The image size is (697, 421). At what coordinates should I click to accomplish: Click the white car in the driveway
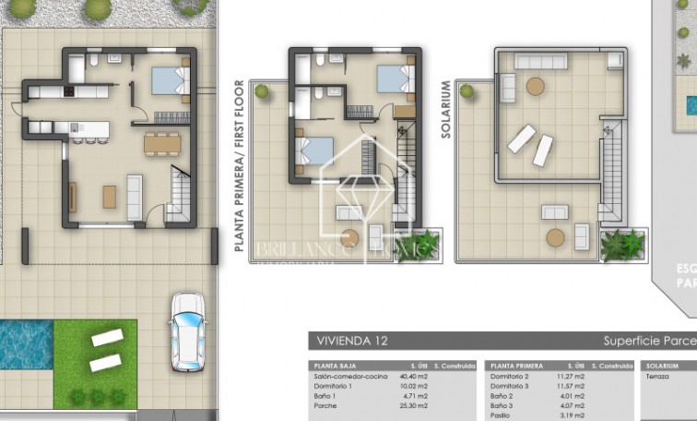pos(188,326)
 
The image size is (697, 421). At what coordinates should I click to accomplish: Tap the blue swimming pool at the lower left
pos(25,343)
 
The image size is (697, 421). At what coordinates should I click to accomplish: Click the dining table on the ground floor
pos(162,143)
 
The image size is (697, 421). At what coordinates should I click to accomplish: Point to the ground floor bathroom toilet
pos(95,62)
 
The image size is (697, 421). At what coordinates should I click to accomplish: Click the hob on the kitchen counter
pos(69,92)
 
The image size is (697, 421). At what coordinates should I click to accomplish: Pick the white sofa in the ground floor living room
pos(135,196)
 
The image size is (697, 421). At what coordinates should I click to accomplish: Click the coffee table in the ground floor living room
pos(109,196)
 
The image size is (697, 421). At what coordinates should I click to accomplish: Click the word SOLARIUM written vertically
pos(446,109)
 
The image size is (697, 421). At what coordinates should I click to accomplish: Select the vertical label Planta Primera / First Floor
pos(239,166)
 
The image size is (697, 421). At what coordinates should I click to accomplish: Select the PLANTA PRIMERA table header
pos(516,366)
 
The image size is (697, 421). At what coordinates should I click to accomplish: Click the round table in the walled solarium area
pos(535,86)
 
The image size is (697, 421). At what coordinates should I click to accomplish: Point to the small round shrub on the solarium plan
pos(467,91)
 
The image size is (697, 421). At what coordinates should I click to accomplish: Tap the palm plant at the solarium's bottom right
pos(623,244)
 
